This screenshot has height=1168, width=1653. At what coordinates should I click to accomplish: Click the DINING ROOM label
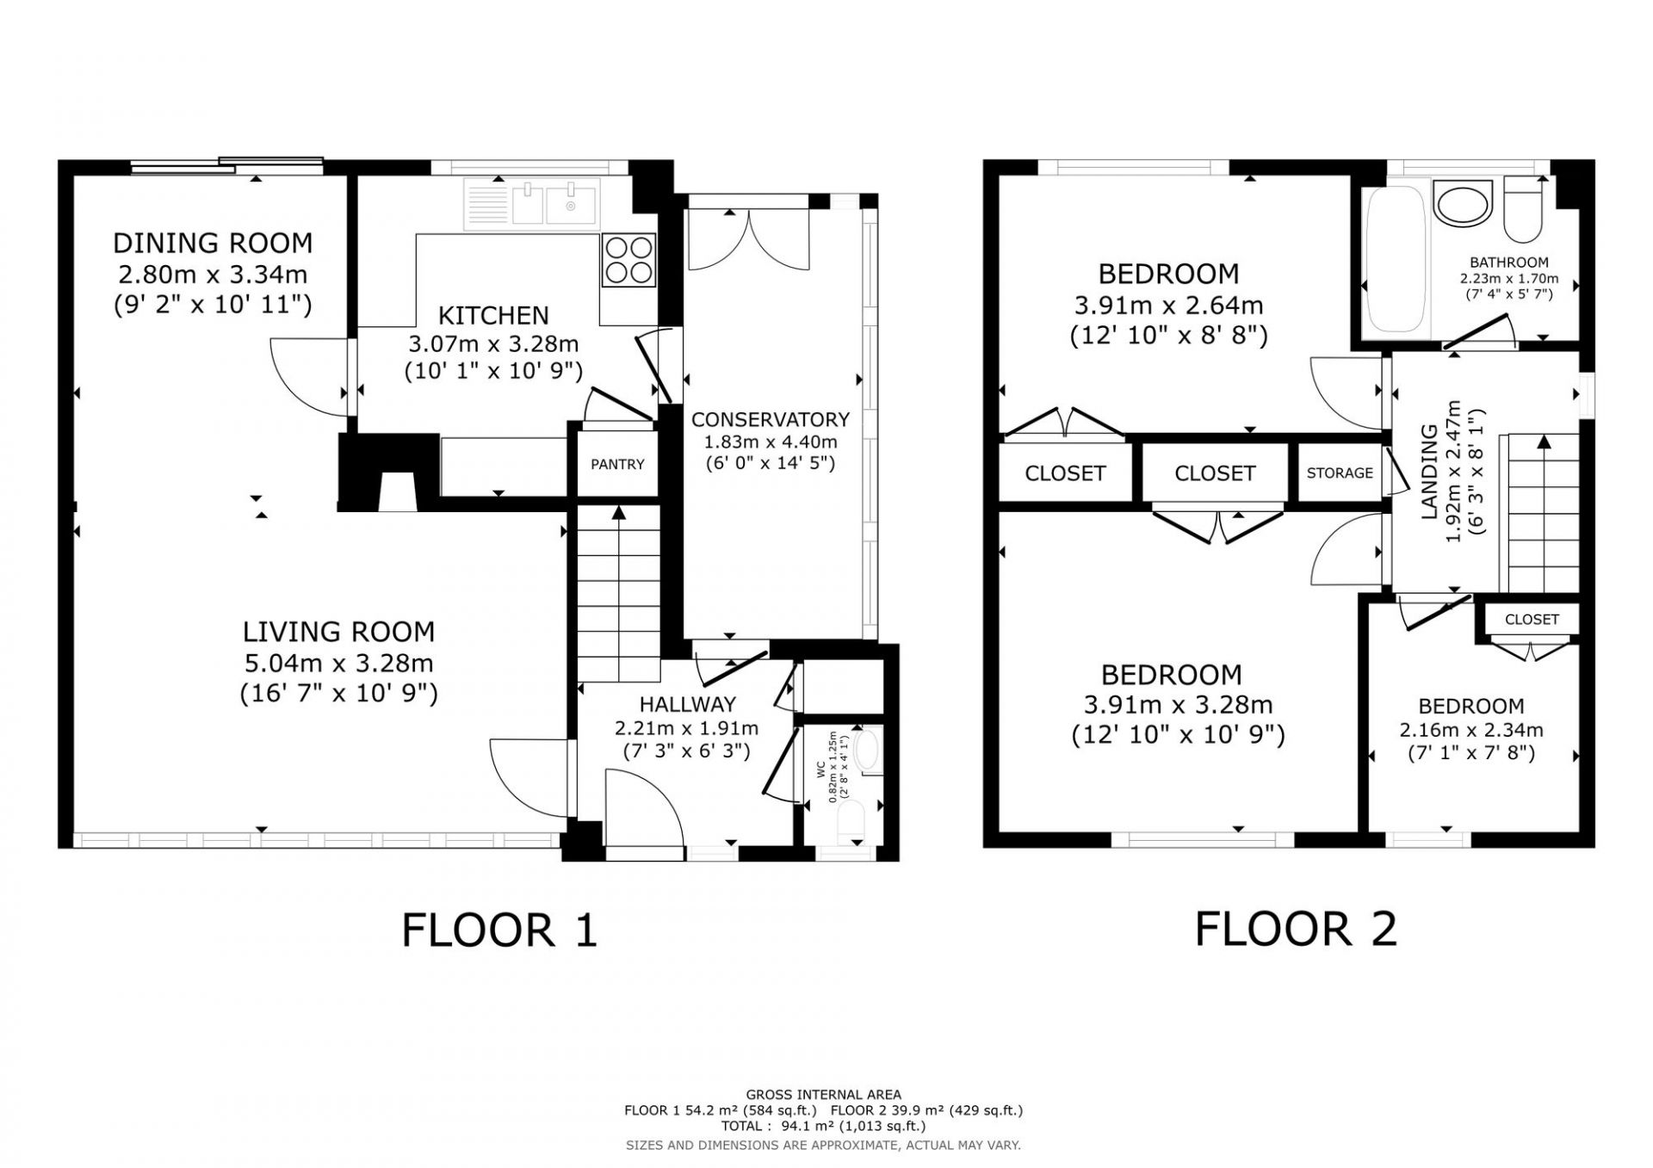[213, 243]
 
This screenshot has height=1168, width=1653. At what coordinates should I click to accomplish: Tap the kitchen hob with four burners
[628, 260]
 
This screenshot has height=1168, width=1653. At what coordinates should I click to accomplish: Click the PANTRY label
[617, 465]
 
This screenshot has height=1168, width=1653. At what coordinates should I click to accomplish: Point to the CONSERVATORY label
[771, 419]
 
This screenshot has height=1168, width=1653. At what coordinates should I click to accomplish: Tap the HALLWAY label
[687, 705]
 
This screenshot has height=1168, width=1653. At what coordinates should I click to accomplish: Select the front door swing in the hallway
[644, 808]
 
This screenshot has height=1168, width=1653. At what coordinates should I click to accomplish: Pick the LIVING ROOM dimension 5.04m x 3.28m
[339, 664]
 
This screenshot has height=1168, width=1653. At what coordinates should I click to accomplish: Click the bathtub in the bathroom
[1396, 261]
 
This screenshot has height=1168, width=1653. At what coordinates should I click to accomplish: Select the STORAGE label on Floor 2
[1340, 473]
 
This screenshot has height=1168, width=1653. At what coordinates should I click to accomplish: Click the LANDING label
[1429, 472]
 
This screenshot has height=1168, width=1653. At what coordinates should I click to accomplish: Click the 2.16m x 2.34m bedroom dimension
[1471, 731]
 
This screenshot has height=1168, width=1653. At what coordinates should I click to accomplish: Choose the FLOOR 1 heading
[499, 930]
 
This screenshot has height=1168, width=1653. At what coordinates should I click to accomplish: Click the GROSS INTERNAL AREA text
[824, 1095]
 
